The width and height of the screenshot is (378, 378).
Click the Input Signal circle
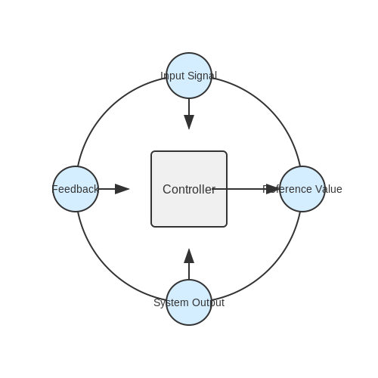click(x=189, y=76)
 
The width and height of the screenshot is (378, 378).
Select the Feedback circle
click(x=76, y=189)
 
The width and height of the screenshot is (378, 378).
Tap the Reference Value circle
click(x=302, y=189)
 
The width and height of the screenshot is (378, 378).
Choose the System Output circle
click(x=189, y=302)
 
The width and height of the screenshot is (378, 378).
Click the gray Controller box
click(x=189, y=189)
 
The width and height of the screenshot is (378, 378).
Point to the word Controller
click(x=189, y=189)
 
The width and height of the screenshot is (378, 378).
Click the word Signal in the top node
click(x=203, y=76)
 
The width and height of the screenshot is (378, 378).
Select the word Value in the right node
click(x=329, y=189)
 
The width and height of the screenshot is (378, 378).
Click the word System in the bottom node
click(x=171, y=302)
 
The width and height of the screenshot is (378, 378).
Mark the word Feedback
click(x=75, y=189)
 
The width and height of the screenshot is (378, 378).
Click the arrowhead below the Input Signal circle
click(x=189, y=122)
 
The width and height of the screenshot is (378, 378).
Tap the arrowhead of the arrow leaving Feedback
click(x=122, y=189)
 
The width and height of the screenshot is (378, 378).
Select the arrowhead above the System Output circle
click(x=189, y=256)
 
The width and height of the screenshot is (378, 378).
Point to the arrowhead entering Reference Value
click(x=273, y=189)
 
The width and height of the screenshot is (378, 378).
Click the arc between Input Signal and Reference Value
click(x=268, y=110)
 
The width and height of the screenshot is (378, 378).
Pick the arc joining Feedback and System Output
click(x=110, y=268)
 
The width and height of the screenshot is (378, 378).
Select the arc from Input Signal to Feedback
click(x=110, y=110)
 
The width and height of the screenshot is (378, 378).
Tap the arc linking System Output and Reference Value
click(x=268, y=268)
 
